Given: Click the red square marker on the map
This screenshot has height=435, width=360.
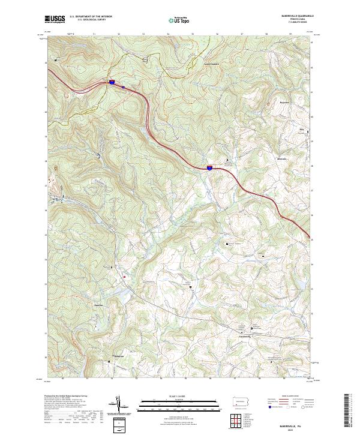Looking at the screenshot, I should [124, 277].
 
